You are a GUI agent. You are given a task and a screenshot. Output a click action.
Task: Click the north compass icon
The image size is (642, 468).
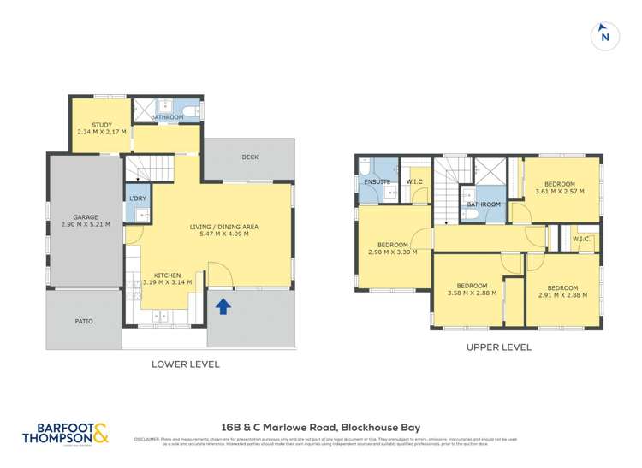point(605,35)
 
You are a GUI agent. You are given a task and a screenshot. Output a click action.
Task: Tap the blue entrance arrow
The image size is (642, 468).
point(223,305)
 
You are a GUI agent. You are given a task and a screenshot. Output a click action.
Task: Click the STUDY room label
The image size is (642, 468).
point(102,125)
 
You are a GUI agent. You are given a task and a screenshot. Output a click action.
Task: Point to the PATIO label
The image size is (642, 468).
point(83,322)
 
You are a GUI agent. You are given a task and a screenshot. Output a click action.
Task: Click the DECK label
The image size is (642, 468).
point(249,157)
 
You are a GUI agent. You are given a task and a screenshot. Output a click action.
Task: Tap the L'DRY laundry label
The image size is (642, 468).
point(136,198)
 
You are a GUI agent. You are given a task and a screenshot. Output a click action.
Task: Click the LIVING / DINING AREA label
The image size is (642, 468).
point(224,227)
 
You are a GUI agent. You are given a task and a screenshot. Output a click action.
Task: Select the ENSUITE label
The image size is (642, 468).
point(377,181)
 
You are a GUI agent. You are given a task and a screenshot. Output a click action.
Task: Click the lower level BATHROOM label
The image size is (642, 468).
point(167,117)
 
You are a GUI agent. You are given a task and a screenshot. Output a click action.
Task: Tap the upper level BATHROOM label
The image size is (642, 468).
point(484,204)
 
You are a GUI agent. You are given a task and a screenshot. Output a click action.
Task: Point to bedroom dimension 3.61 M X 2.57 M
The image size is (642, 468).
point(559,192)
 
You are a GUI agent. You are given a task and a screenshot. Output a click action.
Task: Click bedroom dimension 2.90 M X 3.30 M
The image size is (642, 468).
point(392,253)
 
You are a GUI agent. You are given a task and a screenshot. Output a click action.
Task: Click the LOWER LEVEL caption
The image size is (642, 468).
point(186,364)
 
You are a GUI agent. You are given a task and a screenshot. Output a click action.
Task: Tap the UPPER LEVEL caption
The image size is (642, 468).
point(499,347)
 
